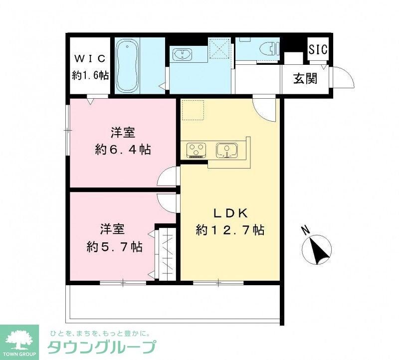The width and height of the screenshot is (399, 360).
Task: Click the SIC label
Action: click(318, 50)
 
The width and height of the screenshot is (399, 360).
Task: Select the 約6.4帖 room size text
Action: click(123, 150)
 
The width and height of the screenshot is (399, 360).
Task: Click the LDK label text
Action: click(231, 213)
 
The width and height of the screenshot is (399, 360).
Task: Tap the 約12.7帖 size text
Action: click(230, 230)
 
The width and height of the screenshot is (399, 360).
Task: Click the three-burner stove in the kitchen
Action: click(196, 150)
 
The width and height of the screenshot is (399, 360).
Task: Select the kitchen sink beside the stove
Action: click(227, 149)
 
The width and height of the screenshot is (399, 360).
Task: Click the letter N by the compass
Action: click(306, 231)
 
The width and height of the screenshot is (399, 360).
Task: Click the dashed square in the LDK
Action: click(193, 110)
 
